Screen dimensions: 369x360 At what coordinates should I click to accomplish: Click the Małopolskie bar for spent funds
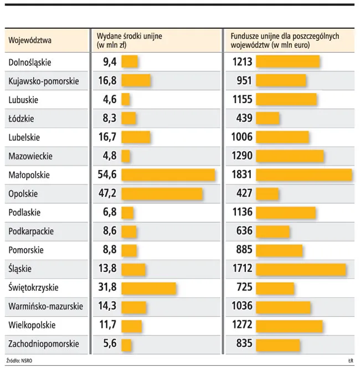click(168, 175)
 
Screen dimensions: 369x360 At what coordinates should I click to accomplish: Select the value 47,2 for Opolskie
click(106, 193)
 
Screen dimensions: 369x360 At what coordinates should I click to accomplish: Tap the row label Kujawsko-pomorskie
click(44, 81)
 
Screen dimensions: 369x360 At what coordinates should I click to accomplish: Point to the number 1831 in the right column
click(242, 175)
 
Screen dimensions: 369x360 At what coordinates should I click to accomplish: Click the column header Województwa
click(30, 40)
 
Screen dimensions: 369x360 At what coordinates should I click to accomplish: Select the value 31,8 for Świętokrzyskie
click(106, 288)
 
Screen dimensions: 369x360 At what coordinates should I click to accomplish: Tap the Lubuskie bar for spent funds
click(126, 100)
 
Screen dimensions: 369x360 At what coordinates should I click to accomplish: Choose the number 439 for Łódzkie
click(244, 118)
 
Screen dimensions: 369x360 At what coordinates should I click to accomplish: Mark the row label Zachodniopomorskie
click(44, 344)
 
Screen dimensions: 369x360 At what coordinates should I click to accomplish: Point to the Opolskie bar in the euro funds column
click(268, 193)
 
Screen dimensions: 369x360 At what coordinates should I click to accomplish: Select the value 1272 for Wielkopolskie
click(242, 325)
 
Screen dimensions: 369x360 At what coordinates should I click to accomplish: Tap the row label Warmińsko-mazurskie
click(46, 306)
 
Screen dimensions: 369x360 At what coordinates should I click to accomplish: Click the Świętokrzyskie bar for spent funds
click(148, 288)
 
